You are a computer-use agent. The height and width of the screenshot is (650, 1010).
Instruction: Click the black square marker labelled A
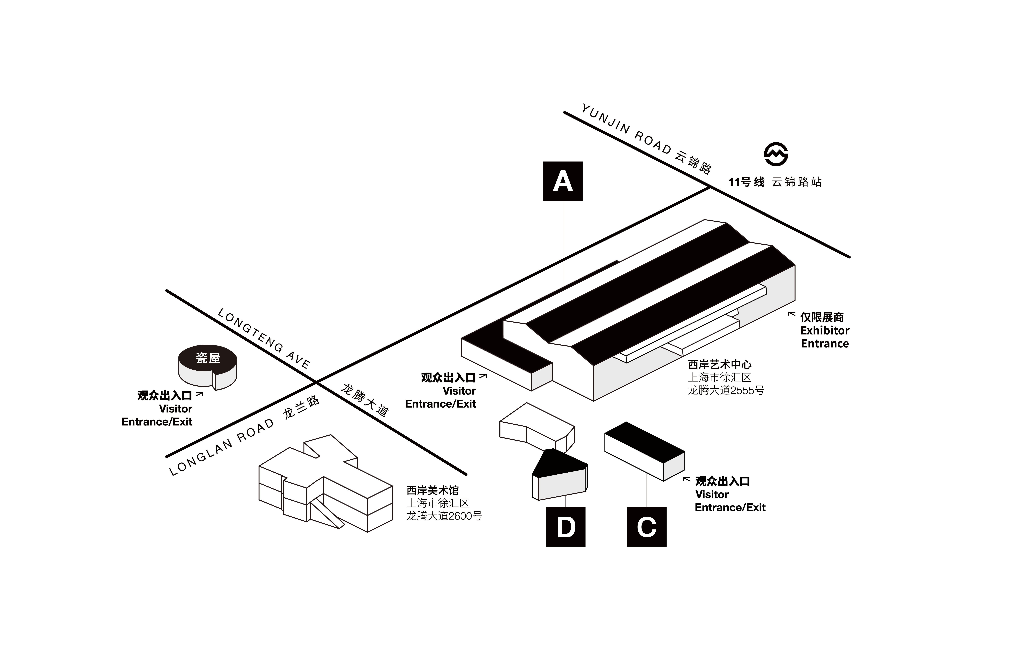pyautogui.click(x=562, y=181)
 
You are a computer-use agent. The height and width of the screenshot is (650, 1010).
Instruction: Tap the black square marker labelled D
pyautogui.click(x=565, y=527)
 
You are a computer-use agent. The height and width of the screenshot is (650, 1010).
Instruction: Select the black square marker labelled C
pyautogui.click(x=646, y=527)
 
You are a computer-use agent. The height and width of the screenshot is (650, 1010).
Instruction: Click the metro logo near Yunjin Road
pyautogui.click(x=776, y=154)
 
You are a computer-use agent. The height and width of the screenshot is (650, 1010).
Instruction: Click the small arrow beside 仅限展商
pyautogui.click(x=792, y=314)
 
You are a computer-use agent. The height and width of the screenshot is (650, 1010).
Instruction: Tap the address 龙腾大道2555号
pyautogui.click(x=726, y=390)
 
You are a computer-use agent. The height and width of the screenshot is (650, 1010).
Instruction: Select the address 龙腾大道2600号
pyautogui.click(x=444, y=516)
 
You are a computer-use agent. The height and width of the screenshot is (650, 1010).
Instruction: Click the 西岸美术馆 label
pyautogui.click(x=432, y=490)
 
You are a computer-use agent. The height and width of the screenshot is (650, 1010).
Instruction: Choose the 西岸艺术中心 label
pyautogui.click(x=719, y=364)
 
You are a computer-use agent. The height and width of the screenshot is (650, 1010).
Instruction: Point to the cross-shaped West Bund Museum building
pyautogui.click(x=325, y=485)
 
